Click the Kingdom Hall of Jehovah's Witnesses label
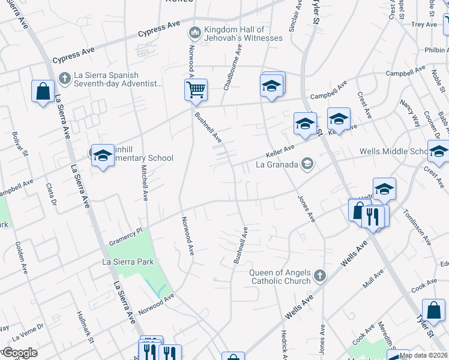[243, 34]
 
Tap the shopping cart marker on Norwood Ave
[196, 91]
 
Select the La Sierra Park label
[128, 262]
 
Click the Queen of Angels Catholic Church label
[280, 276]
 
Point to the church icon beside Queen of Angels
[320, 276]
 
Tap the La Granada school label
[277, 163]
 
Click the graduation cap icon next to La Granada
[307, 163]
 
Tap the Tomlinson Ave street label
[417, 227]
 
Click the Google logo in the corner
[19, 353]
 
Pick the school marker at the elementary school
[103, 156]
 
